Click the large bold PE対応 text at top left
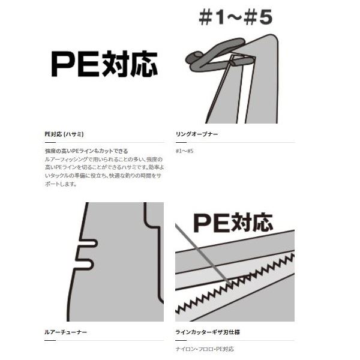[x=104, y=64]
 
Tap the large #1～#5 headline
[x=236, y=17]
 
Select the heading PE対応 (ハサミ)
[x=64, y=134]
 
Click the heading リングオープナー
[x=197, y=134]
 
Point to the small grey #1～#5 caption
[x=185, y=151]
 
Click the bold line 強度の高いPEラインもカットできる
[x=86, y=151]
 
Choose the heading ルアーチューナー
[x=65, y=332]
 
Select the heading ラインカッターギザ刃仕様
[x=208, y=332]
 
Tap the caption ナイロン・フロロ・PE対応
[x=205, y=349]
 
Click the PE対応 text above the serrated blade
[x=233, y=223]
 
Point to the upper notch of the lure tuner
[x=88, y=244]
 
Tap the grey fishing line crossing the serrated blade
[x=203, y=254]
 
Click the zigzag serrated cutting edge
[x=235, y=284]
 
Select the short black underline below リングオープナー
[x=181, y=142]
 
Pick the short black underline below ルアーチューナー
[x=50, y=340]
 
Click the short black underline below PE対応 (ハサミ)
[x=50, y=142]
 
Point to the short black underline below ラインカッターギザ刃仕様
[x=181, y=340]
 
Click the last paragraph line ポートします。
[x=61, y=184]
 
